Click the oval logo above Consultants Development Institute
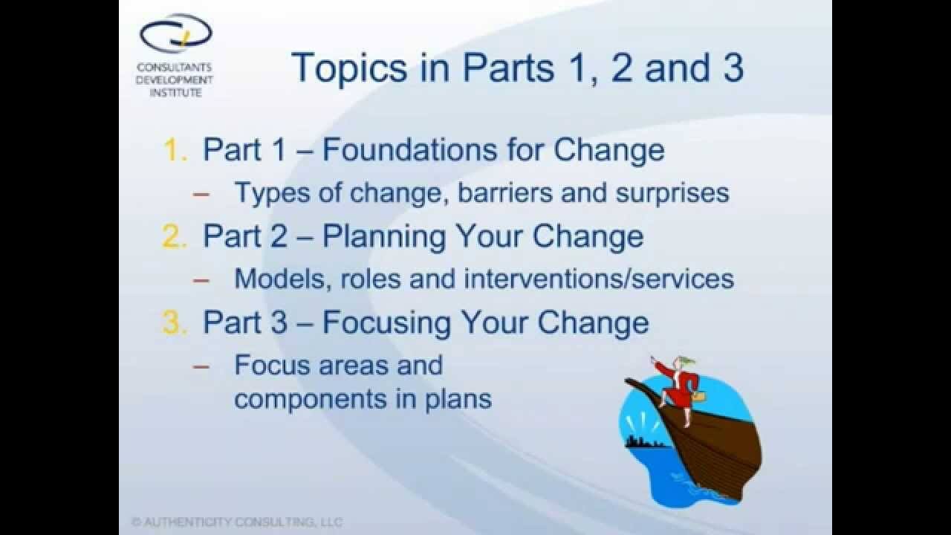[x=176, y=33]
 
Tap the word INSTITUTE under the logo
[x=175, y=92]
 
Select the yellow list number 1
[x=175, y=150]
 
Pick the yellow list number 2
[x=174, y=236]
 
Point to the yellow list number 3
[x=174, y=322]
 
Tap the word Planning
[x=384, y=237]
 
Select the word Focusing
[x=386, y=323]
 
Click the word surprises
[x=672, y=194]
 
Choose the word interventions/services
[x=599, y=279]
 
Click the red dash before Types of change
[x=201, y=195]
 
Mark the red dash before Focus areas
[x=201, y=366]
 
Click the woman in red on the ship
[x=677, y=389]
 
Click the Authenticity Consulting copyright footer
[x=237, y=522]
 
